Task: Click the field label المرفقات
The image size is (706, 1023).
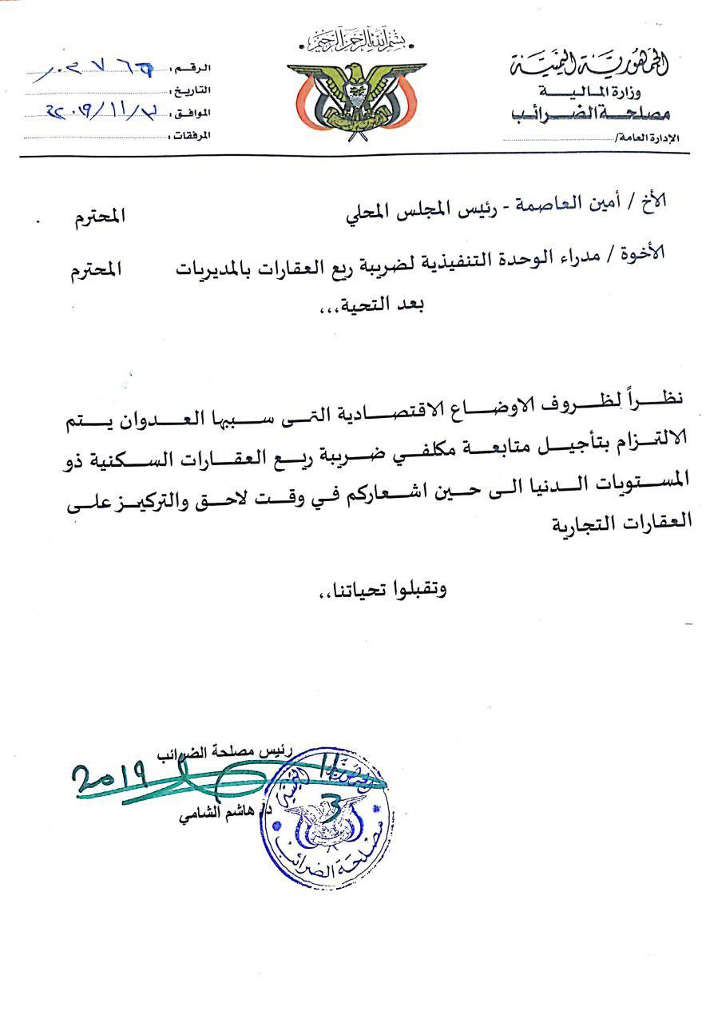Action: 192,135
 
